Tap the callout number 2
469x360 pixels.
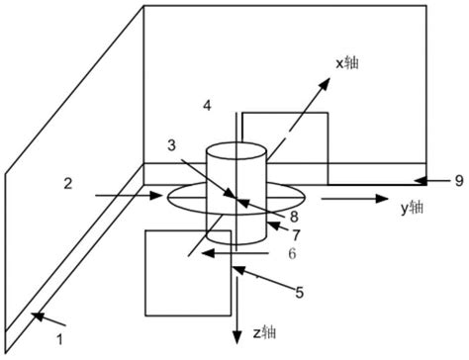[67, 183]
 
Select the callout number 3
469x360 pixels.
[172, 147]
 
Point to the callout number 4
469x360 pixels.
[206, 106]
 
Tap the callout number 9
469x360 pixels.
[459, 180]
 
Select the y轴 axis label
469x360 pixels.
[413, 208]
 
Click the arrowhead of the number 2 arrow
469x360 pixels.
[159, 197]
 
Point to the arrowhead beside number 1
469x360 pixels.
[37, 315]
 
